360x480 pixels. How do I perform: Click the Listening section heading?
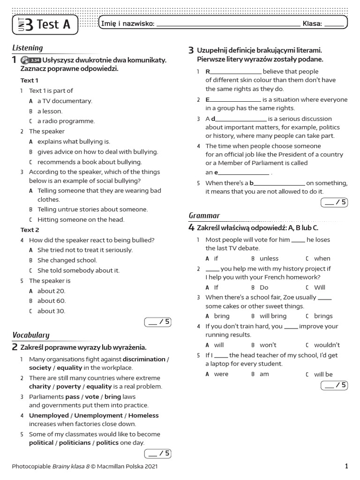(27, 48)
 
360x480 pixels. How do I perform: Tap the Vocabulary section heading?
(30, 335)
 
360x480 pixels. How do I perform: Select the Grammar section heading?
(204, 216)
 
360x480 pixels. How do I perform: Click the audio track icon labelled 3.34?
(31, 60)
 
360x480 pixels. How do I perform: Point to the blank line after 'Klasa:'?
(333, 24)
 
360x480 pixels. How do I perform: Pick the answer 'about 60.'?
(52, 301)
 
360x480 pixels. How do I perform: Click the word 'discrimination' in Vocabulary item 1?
(144, 360)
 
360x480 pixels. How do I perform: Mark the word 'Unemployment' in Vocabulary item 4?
(98, 416)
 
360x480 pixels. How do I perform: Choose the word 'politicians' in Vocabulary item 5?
(75, 443)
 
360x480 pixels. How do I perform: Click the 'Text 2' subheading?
(30, 230)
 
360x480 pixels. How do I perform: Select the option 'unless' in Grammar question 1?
(269, 258)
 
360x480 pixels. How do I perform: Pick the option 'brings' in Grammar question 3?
(323, 316)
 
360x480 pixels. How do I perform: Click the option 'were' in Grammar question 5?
(221, 374)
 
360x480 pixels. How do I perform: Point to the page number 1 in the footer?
(346, 466)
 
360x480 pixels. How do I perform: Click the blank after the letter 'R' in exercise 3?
(236, 72)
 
